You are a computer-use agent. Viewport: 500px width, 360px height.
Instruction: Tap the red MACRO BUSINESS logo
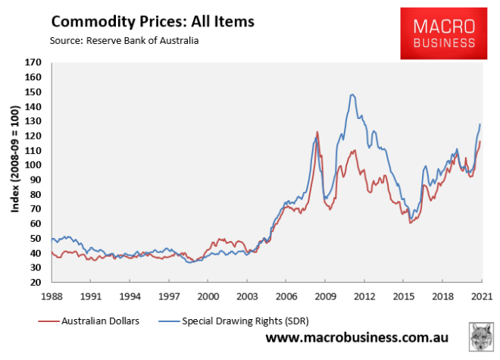pos(443,34)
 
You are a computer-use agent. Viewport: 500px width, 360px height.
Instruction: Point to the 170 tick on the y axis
pos(33,63)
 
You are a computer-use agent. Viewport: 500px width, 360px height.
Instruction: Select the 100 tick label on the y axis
pos(33,165)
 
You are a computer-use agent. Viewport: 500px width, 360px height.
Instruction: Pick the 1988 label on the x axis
pos(52,296)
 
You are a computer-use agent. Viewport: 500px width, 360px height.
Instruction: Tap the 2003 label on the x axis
pos(247,296)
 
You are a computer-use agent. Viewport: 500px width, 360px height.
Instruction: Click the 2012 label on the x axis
pos(364,296)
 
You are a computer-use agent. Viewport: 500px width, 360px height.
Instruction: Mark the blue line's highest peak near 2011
pos(352,95)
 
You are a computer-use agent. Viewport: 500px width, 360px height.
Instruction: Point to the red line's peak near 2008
pos(317,133)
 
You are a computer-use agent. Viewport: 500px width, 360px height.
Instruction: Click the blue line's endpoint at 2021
pos(480,124)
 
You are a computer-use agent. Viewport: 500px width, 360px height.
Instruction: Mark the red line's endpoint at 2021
pos(480,142)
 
